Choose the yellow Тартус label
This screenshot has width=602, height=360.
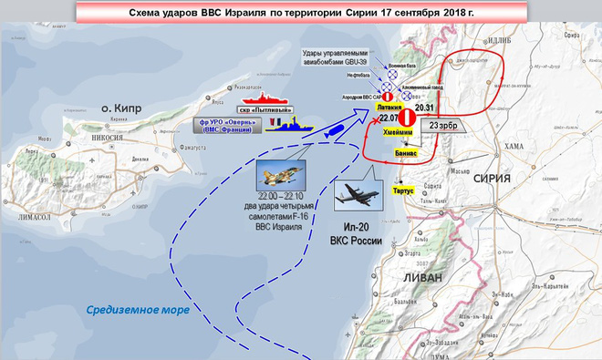click(401, 191)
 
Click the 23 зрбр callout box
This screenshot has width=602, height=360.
click(443, 125)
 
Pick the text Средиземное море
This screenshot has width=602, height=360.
click(138, 310)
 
